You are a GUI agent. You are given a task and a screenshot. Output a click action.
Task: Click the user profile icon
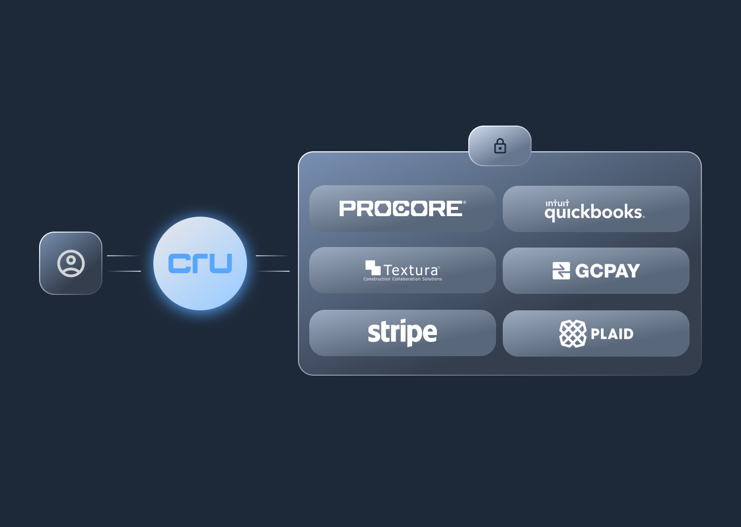pos(71,263)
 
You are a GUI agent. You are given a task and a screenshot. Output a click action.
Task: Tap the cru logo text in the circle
pos(200,263)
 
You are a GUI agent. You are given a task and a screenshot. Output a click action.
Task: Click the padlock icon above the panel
pos(500,146)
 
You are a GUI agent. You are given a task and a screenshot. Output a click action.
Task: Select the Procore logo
pos(402,208)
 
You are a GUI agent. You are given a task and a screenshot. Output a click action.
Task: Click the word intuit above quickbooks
pos(557,203)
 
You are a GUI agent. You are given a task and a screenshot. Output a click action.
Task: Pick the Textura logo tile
pos(402,270)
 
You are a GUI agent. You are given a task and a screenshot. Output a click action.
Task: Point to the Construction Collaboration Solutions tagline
pos(402,279)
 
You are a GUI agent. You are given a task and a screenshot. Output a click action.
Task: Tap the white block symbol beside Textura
pos(373,268)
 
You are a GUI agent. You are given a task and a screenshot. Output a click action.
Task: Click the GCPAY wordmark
pos(607,271)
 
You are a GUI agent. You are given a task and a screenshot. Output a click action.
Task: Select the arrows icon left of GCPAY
pos(561,271)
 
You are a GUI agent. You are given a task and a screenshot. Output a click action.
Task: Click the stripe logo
pos(402,332)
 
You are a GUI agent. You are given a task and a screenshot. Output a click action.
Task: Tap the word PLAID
pos(612,334)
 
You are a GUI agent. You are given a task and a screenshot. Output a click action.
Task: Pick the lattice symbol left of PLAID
pos(573,333)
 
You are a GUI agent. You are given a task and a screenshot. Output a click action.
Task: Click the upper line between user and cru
pos(123,256)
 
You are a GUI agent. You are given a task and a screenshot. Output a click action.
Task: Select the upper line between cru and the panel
pos(272,256)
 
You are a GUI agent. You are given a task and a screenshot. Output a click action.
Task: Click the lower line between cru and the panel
pos(273,271)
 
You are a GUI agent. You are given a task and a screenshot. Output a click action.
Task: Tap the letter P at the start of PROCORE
pos(347,208)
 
